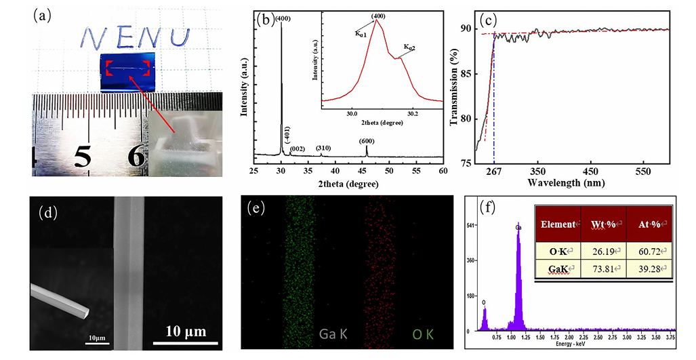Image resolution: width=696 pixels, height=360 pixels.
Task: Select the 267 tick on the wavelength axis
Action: [x=494, y=173]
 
